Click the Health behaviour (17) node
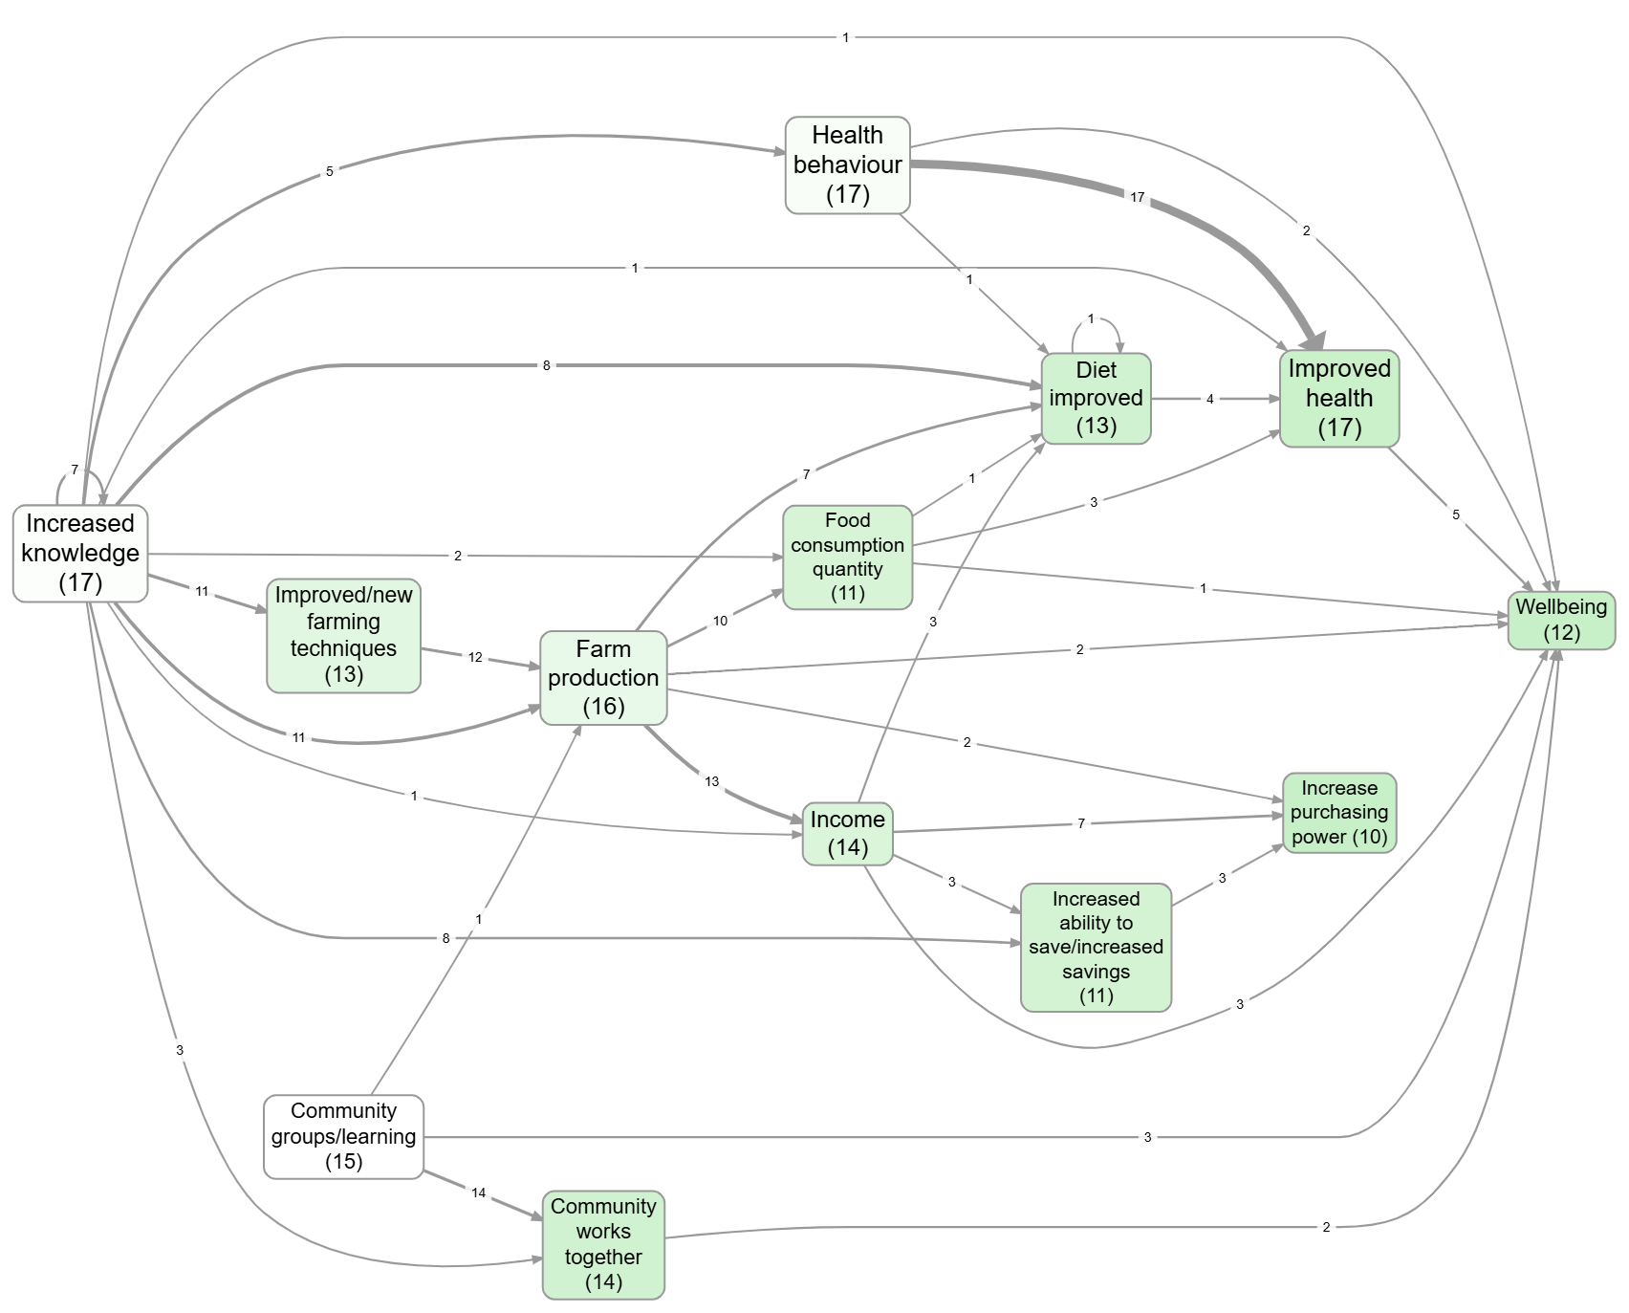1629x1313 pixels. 847,164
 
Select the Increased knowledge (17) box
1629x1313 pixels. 80,553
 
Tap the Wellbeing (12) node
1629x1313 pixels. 1561,620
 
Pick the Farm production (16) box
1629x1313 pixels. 603,677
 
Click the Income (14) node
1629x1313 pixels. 847,833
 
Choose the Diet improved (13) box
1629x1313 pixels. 1096,398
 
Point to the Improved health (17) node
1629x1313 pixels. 1338,398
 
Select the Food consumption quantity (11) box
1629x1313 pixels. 847,557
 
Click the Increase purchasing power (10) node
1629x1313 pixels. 1338,812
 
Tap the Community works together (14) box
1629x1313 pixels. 603,1244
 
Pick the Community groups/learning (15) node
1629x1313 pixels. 343,1136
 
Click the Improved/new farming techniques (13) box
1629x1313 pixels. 343,635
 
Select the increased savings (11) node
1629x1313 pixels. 1096,947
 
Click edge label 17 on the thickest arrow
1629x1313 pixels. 1137,197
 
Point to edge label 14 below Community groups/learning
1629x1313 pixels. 479,1193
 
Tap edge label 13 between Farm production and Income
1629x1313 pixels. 711,781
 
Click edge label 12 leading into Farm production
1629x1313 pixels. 475,657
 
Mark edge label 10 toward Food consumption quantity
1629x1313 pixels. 720,621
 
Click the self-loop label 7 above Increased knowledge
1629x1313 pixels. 75,470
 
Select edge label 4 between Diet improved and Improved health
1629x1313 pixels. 1209,399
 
